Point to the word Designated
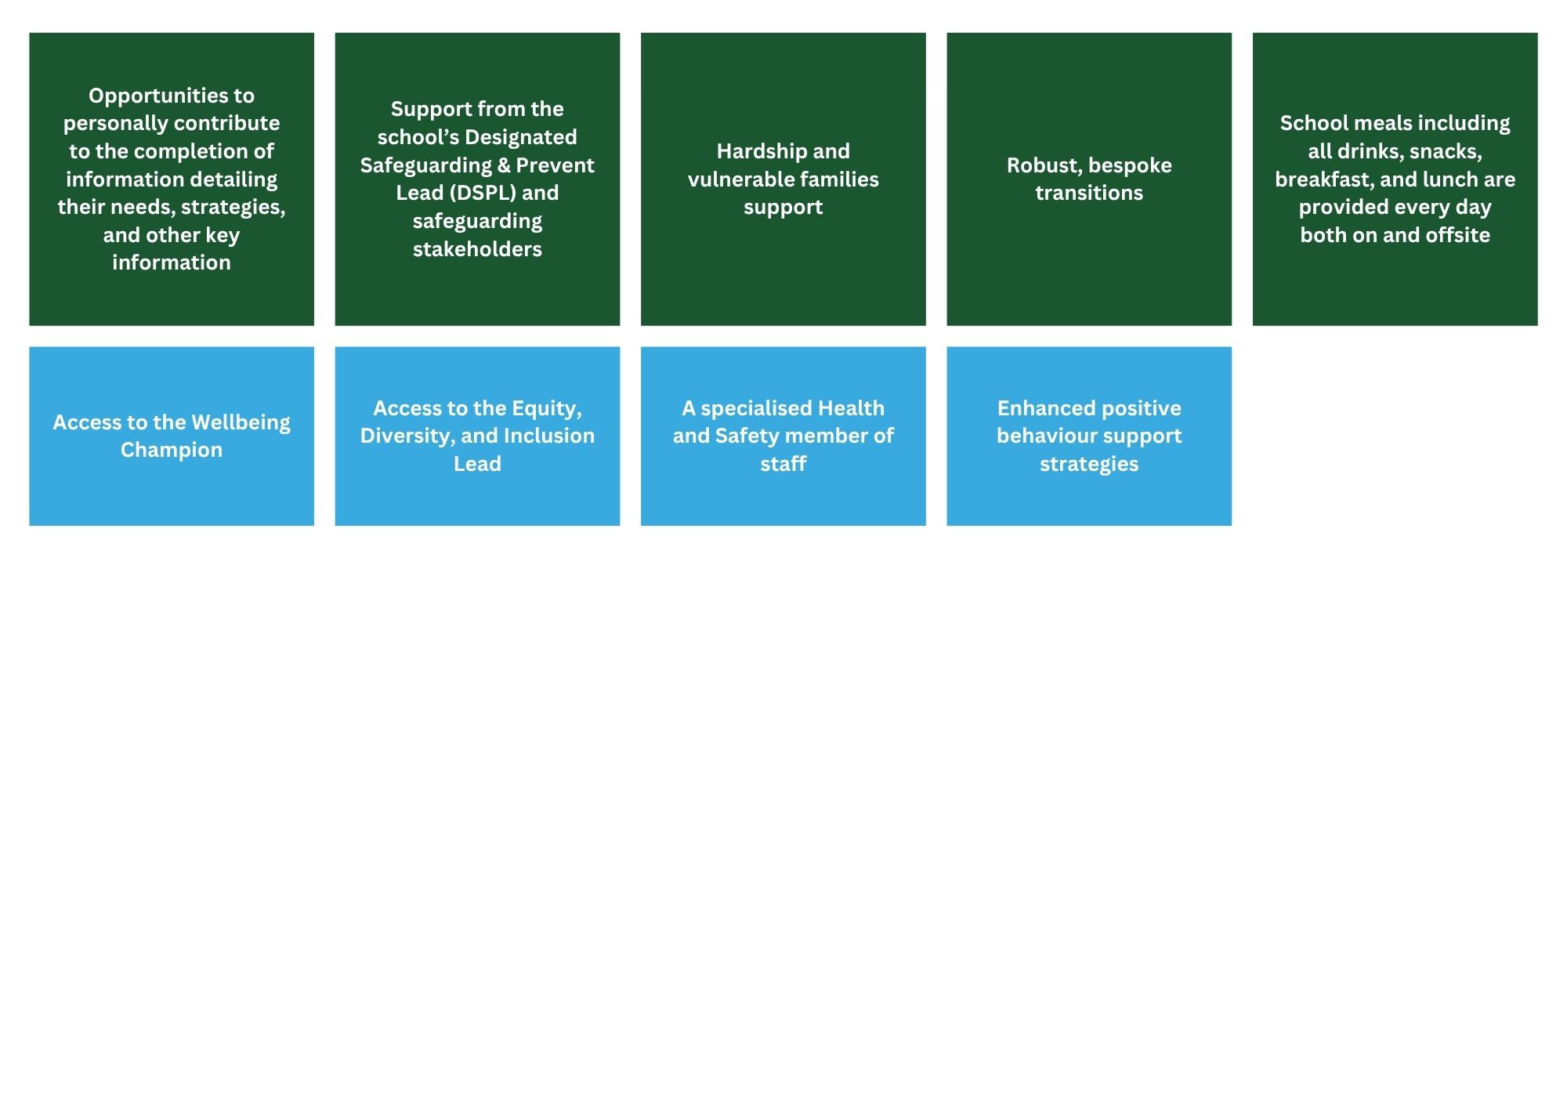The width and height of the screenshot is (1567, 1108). pos(521,138)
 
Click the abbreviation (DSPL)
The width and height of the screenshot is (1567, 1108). pos(483,193)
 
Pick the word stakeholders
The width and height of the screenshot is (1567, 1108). pos(477,249)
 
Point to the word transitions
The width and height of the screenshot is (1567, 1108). pos(1089,194)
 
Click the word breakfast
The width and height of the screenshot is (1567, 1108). pos(1324,179)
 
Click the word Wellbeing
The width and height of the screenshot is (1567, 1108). pos(241,423)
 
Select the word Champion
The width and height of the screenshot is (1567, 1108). pos(172,451)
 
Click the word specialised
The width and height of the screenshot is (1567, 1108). pos(756,409)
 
